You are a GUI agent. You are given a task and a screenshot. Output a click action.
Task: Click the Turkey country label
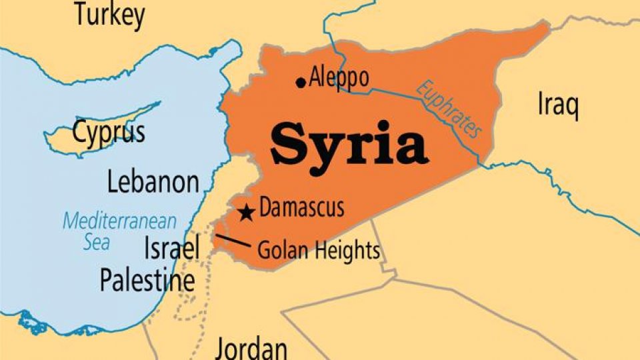click(109, 15)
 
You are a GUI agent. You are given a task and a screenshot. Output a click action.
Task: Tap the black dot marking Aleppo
click(301, 82)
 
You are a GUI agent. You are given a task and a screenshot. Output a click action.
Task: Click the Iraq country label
click(557, 105)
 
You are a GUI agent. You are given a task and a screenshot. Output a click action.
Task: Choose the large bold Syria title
click(349, 145)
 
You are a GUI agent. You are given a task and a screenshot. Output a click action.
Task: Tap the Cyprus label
click(109, 133)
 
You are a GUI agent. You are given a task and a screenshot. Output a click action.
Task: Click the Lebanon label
click(153, 182)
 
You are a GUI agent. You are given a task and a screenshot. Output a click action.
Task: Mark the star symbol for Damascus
click(247, 213)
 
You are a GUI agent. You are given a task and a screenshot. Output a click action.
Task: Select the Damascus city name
click(302, 208)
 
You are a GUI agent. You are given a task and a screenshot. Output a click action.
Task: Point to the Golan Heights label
click(318, 251)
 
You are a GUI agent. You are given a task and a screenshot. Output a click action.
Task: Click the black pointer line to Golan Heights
click(233, 241)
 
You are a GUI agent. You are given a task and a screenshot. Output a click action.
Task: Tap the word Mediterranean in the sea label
click(120, 221)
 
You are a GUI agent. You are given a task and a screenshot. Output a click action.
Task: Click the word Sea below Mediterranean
click(97, 241)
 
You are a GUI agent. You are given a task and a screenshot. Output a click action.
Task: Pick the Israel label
click(172, 249)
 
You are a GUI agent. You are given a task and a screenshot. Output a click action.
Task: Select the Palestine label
click(147, 280)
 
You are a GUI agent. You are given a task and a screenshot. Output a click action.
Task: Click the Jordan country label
click(251, 349)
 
